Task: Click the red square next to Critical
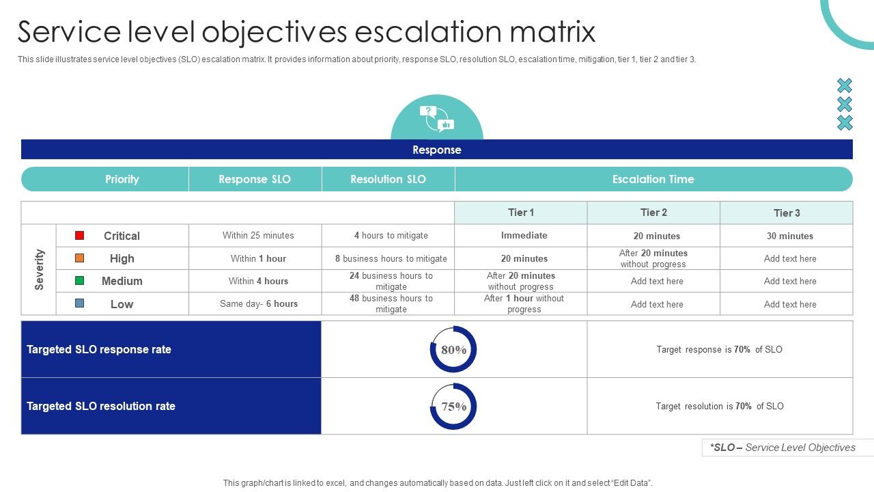click(x=80, y=236)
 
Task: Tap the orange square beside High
click(x=80, y=258)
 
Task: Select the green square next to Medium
click(x=80, y=281)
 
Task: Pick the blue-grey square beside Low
click(x=80, y=303)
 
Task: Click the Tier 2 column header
click(x=653, y=213)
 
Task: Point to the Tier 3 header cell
click(x=787, y=213)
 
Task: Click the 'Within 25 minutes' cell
click(x=258, y=236)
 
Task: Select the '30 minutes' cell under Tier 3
click(x=789, y=236)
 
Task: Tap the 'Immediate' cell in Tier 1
click(x=524, y=236)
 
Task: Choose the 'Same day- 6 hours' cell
click(x=258, y=304)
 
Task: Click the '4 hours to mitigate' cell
click(x=391, y=236)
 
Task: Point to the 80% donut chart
click(x=453, y=349)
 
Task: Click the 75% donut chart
click(x=453, y=407)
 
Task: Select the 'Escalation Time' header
click(x=653, y=179)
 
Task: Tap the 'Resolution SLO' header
click(x=388, y=179)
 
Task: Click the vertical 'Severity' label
click(x=39, y=269)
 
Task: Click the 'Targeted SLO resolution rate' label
click(x=101, y=406)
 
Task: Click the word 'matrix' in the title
click(x=546, y=32)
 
